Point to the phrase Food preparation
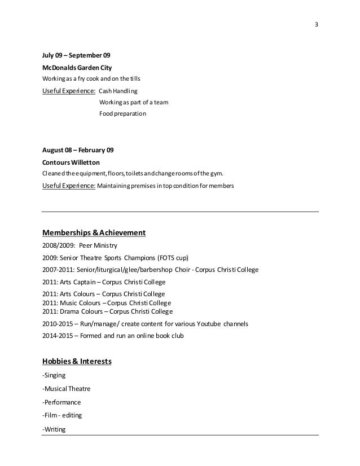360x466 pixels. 122,113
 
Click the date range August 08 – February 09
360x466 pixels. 78,150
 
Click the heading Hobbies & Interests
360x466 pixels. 77,361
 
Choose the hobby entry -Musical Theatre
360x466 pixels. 66,389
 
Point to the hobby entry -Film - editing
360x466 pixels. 62,416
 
